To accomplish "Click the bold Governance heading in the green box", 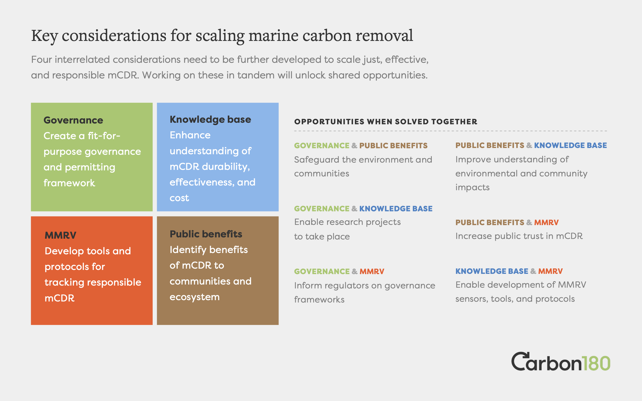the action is click(x=73, y=120).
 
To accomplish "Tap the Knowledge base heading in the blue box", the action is click(x=210, y=120).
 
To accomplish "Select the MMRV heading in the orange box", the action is click(x=60, y=235).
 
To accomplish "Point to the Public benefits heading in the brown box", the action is click(x=206, y=234).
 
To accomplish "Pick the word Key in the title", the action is click(x=44, y=36).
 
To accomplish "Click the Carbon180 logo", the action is click(x=561, y=361).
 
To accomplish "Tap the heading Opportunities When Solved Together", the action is click(x=386, y=122).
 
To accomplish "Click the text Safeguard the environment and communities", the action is click(x=363, y=166).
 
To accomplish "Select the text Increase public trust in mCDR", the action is click(x=519, y=236).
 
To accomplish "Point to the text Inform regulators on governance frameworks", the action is click(x=365, y=293).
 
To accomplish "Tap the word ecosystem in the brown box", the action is click(x=195, y=297).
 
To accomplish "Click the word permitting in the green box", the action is click(x=90, y=167).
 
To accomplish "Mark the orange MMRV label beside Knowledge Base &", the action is click(x=550, y=271).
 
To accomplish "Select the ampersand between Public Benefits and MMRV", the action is click(x=529, y=223).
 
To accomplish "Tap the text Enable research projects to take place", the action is click(x=347, y=229).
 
